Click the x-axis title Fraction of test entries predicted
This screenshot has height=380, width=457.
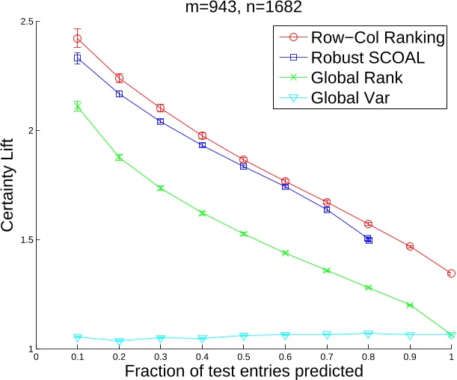(244, 370)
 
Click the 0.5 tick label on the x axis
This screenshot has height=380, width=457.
(243, 358)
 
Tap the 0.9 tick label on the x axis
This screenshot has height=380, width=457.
(409, 358)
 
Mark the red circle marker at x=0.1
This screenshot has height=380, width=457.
(77, 38)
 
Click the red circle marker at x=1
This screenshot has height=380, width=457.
(451, 274)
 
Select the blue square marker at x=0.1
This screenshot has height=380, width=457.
(77, 58)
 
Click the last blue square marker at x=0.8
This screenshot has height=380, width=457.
(368, 239)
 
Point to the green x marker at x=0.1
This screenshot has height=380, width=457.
(77, 107)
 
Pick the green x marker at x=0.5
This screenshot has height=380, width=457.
(243, 234)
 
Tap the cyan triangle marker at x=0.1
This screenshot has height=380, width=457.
(77, 338)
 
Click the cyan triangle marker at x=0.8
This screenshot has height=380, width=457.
(368, 334)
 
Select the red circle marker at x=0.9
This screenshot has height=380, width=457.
(410, 246)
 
